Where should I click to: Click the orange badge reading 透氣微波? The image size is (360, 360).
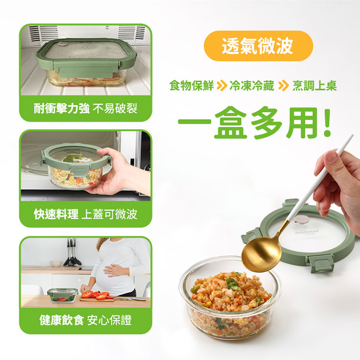pos(258,46)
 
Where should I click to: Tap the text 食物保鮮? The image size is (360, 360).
pos(192,86)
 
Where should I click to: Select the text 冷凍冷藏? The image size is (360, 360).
pos(252,86)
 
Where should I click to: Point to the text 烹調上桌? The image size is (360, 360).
pos(314,86)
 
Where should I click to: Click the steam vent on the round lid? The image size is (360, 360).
pos(301,220)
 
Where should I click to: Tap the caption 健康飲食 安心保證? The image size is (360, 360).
pos(85,320)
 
